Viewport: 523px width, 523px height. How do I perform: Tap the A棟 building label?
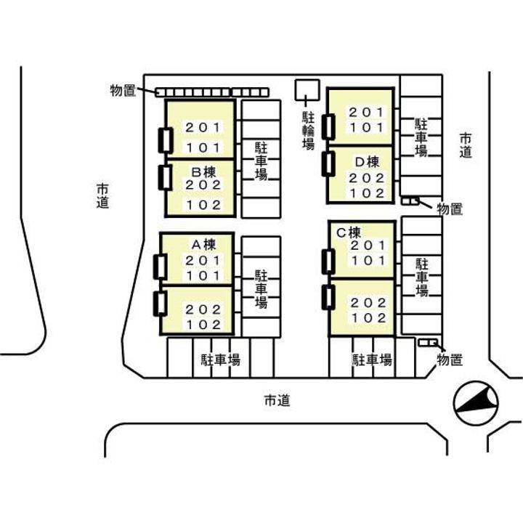(201, 243)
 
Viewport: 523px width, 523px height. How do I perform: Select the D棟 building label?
(366, 161)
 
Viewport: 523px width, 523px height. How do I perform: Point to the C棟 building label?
(348, 233)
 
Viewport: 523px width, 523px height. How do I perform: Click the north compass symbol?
(474, 405)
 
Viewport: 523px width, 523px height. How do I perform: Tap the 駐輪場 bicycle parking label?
(309, 131)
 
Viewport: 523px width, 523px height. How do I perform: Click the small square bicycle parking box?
(306, 89)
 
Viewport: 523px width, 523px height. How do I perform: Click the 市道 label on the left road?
(102, 196)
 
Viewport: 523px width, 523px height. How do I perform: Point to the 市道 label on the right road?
(466, 145)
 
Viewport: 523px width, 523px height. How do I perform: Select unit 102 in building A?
(202, 325)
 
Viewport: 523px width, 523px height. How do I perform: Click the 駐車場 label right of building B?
(261, 161)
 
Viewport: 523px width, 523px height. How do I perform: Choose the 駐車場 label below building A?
(221, 359)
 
